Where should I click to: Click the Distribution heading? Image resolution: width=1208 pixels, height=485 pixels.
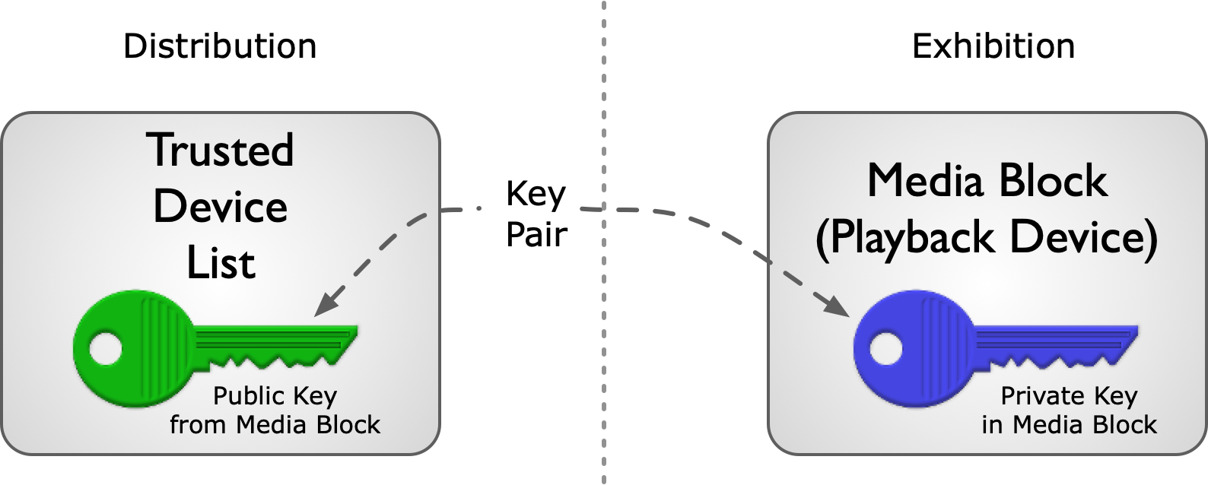coord(220,46)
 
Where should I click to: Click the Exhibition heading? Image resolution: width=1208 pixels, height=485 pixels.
coord(993,46)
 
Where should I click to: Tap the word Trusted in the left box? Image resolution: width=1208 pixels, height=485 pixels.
coord(220,150)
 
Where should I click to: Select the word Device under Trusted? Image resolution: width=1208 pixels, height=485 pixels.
coord(220,207)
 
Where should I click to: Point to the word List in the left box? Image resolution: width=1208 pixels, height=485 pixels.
coord(221,264)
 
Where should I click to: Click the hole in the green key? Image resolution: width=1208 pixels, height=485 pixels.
coord(106,349)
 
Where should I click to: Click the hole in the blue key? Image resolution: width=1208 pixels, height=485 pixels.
coord(886,349)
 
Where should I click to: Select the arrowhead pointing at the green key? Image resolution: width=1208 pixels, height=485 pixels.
coord(327,302)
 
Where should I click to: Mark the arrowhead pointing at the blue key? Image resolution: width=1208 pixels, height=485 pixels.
coord(837,305)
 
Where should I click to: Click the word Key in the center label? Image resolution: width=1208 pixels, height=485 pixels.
coord(536,195)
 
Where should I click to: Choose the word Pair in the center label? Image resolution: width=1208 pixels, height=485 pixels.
coord(536,234)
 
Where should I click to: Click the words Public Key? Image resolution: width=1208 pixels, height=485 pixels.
coord(275,397)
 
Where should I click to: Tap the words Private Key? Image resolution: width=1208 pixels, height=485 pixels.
coord(1069,397)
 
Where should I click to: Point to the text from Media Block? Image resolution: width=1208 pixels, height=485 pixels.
coord(275,425)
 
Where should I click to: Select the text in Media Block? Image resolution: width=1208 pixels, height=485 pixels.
coord(1069,425)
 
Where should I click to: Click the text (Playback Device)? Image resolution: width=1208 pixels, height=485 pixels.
coord(987,238)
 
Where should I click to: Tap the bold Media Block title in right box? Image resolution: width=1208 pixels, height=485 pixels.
coord(987,180)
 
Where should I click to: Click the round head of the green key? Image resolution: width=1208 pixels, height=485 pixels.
coord(134,349)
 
